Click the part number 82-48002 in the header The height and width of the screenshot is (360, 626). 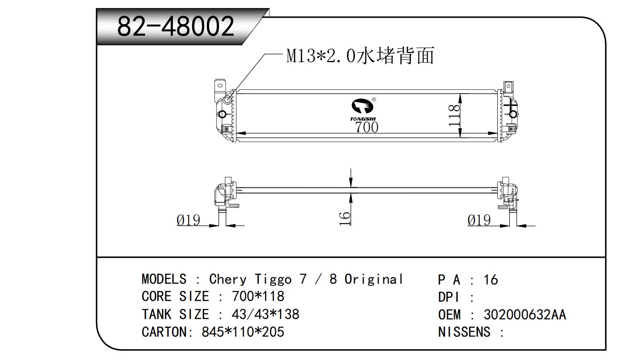tap(175, 26)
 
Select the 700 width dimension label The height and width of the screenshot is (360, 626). tap(367, 127)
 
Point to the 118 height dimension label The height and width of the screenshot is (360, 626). tap(454, 115)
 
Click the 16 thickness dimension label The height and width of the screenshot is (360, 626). tap(345, 218)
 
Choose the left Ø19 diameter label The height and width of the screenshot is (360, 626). tap(188, 220)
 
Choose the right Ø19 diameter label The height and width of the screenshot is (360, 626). tap(479, 220)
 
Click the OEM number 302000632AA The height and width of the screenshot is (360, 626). tap(524, 315)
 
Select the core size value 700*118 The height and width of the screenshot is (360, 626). tap(258, 296)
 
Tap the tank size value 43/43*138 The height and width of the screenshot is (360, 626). tap(265, 314)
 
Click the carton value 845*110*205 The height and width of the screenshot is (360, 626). tap(243, 332)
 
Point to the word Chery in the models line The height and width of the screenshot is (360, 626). tap(228, 279)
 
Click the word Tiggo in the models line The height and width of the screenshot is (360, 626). tap(273, 279)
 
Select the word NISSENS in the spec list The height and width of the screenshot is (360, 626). tap(464, 332)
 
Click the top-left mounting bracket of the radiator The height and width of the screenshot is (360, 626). tap(220, 89)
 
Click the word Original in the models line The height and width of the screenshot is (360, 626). tap(373, 279)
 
